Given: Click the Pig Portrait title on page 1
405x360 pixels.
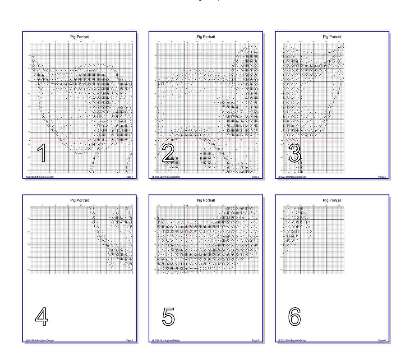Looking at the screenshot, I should tap(79, 36).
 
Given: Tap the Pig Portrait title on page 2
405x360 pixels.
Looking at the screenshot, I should tap(206, 36).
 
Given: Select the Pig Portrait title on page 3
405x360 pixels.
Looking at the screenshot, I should tap(332, 36).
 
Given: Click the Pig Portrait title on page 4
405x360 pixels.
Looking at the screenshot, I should tap(79, 199).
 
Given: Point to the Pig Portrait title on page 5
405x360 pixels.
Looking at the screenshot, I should tap(206, 199).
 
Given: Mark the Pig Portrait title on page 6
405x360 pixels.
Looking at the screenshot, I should tap(332, 199).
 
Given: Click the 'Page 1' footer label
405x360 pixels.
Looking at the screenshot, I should tap(129, 177).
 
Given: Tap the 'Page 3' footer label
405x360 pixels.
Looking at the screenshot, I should tap(382, 177).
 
